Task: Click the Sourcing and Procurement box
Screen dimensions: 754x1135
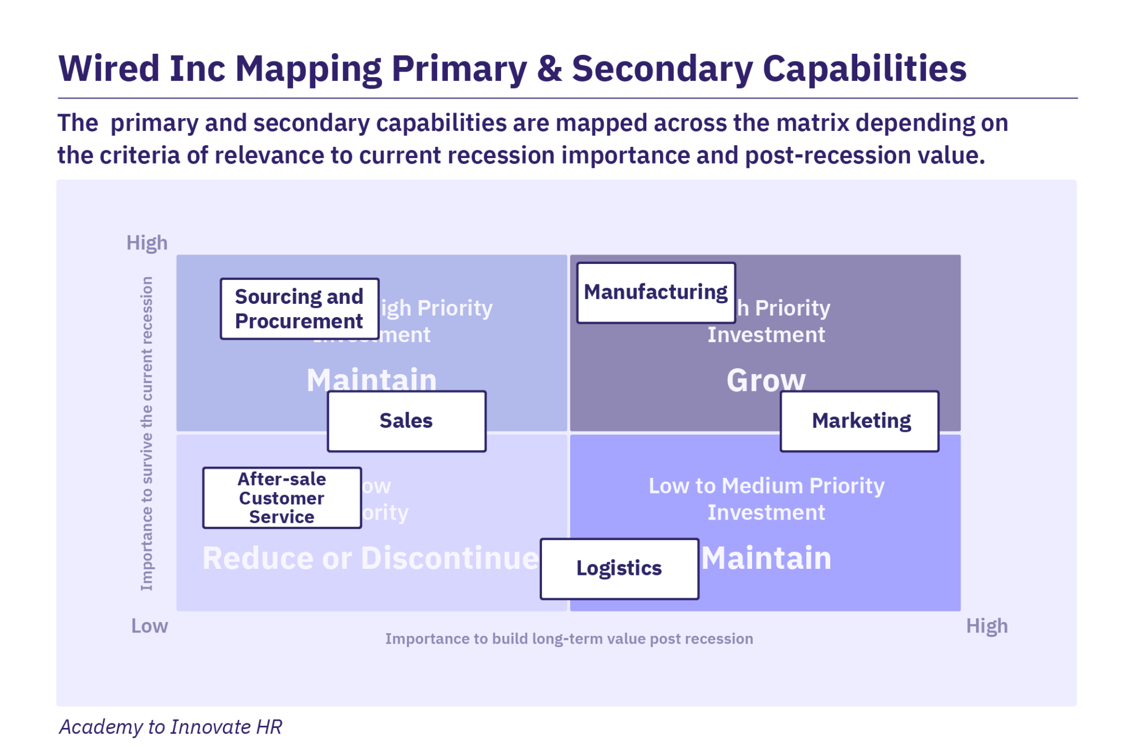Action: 299,309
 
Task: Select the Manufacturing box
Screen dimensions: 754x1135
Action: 656,292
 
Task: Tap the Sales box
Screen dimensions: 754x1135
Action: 406,421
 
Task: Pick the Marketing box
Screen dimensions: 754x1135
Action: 860,421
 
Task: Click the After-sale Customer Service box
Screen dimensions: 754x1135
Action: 282,498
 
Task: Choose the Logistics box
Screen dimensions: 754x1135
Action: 619,568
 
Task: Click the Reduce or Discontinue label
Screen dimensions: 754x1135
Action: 370,558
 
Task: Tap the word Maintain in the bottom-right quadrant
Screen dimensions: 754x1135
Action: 767,558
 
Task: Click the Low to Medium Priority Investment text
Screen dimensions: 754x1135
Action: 766,498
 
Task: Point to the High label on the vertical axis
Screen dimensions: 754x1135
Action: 147,243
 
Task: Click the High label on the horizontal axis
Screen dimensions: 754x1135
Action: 986,626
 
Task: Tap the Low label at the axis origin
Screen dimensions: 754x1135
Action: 149,626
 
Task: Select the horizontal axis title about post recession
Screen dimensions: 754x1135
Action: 569,639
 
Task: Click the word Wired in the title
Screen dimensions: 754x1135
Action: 109,69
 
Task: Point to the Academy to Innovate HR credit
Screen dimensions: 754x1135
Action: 171,726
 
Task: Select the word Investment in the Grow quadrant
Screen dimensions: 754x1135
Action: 766,335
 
